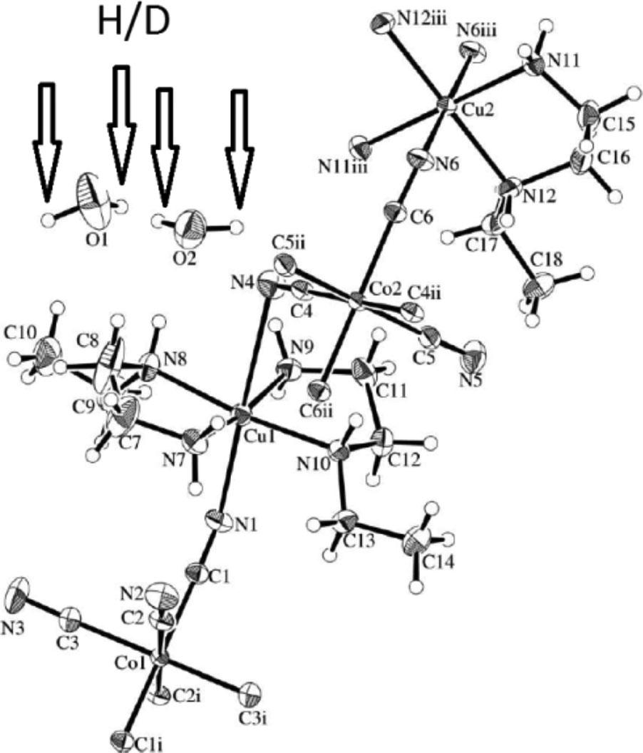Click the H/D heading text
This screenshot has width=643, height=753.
pyautogui.click(x=133, y=23)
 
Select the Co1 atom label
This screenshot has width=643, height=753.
pyautogui.click(x=133, y=665)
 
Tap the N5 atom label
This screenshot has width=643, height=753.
pyautogui.click(x=470, y=379)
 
